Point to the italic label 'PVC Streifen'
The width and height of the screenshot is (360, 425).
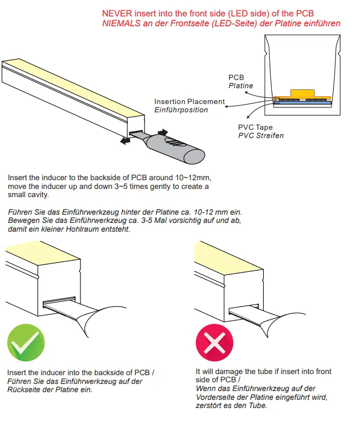tap(260, 135)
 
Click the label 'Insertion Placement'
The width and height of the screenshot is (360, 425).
tap(189, 101)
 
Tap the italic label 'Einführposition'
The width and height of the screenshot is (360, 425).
tap(181, 110)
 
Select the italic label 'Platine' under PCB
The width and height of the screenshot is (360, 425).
tap(241, 86)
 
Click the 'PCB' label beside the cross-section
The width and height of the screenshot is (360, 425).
tap(236, 78)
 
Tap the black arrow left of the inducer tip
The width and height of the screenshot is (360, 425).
tap(125, 141)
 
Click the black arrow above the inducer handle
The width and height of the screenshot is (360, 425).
tap(162, 132)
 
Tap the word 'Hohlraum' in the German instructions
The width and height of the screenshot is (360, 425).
tap(80, 229)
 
